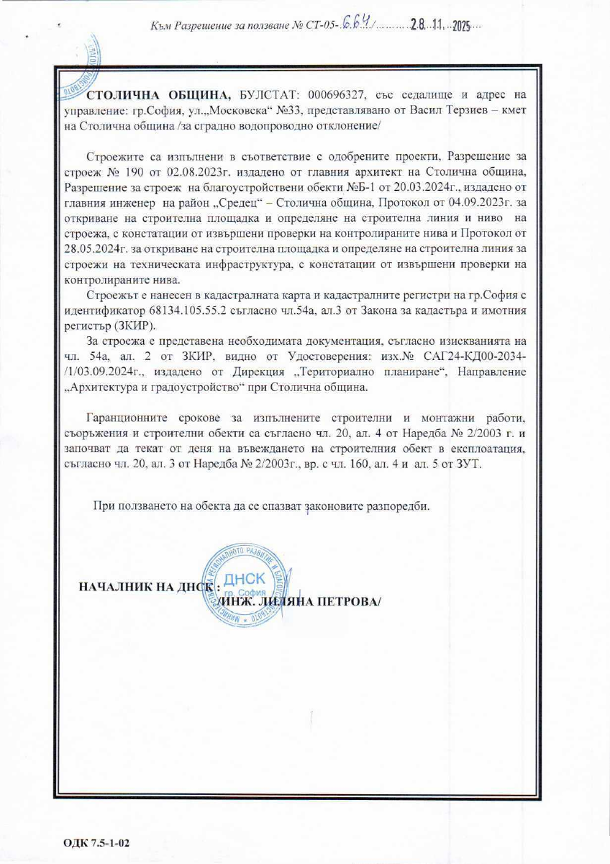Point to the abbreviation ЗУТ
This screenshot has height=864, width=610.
click(471, 464)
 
